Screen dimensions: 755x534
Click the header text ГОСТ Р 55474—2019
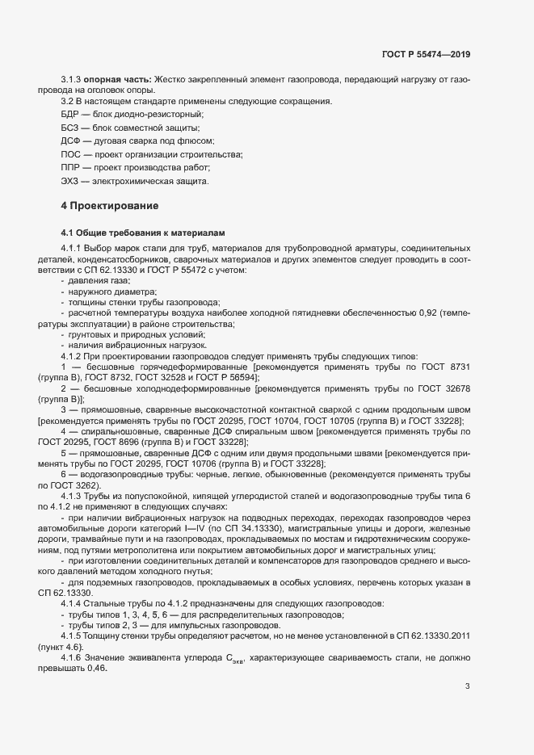pyautogui.click(x=425, y=54)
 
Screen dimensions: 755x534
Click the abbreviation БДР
pyautogui.click(x=71, y=115)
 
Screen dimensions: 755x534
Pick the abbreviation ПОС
pyautogui.click(x=71, y=154)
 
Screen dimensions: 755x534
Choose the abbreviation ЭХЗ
pyautogui.click(x=71, y=181)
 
